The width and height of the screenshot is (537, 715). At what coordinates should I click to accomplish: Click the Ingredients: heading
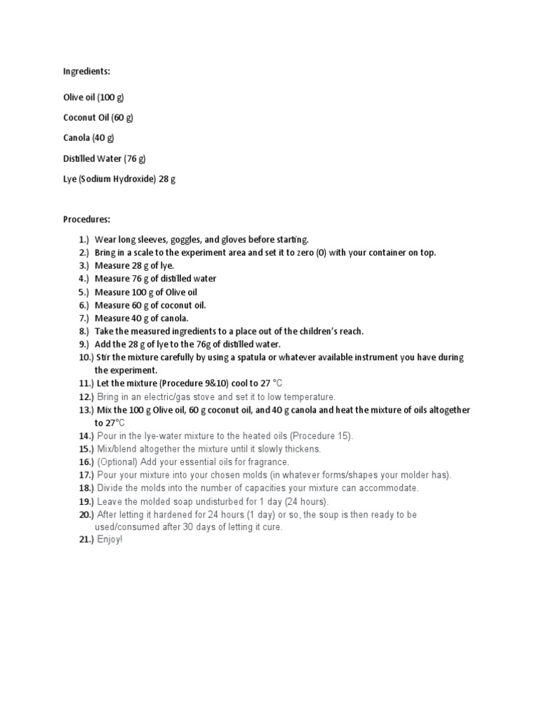tap(87, 71)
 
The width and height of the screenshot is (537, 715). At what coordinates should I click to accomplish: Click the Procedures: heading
tap(87, 219)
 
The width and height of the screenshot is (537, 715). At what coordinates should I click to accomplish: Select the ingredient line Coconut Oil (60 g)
tap(98, 117)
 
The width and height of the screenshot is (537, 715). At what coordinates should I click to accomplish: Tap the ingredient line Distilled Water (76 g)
tap(104, 159)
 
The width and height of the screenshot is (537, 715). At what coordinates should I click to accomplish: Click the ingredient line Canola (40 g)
tap(89, 138)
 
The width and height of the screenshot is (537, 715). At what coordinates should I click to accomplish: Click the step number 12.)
tap(86, 397)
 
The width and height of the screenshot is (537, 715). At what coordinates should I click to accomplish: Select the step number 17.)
tap(86, 476)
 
